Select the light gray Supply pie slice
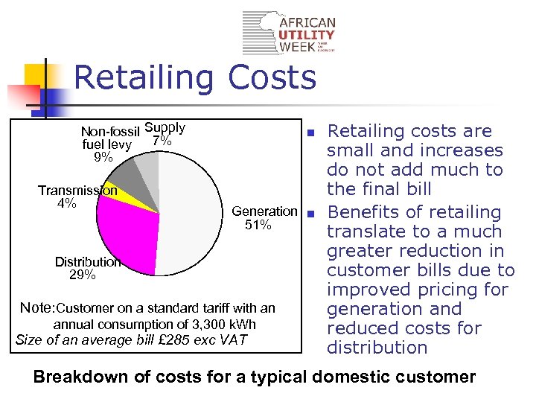click(x=148, y=170)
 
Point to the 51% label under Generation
click(x=258, y=225)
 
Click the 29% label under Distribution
click(x=82, y=275)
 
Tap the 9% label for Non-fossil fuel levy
click(x=103, y=158)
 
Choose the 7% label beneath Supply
click(x=162, y=141)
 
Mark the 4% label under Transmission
click(x=66, y=203)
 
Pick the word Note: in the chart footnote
click(x=37, y=307)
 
